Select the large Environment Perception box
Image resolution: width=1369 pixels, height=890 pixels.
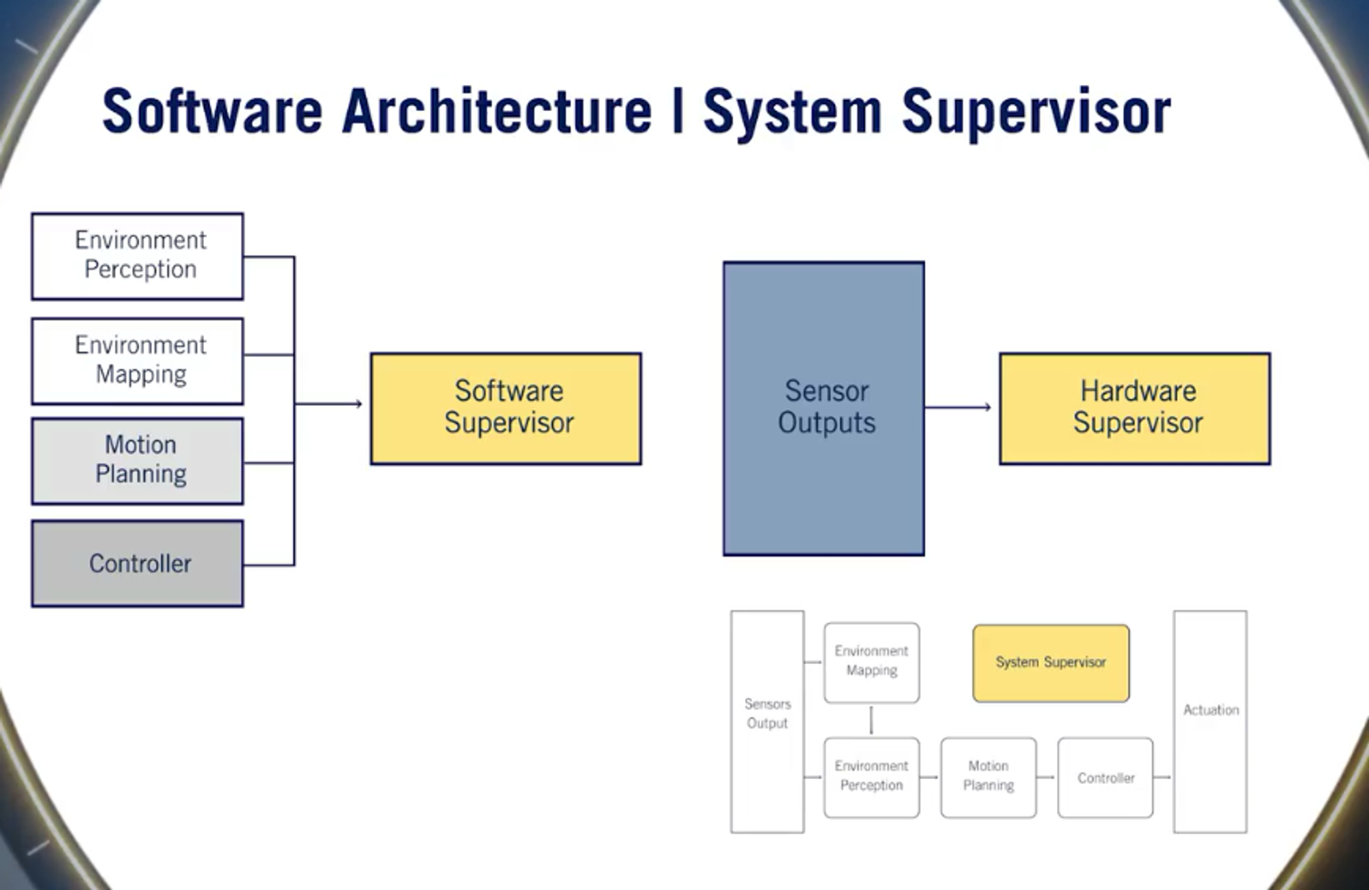[138, 256]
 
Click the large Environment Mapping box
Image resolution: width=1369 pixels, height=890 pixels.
[138, 361]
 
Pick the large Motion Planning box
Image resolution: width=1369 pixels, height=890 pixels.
[138, 461]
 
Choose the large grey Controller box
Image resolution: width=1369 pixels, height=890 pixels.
[138, 563]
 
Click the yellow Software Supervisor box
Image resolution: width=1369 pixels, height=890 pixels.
[506, 409]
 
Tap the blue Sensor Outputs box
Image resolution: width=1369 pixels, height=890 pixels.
[823, 408]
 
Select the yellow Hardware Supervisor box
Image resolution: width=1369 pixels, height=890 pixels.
[1134, 409]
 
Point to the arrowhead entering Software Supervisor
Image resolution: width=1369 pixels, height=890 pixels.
[357, 404]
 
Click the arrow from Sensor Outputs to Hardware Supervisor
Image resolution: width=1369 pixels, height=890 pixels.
[958, 407]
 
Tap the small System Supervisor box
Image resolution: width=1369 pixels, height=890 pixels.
[1051, 663]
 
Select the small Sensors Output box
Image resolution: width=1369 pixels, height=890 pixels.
[767, 721]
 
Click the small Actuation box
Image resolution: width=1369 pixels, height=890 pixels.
[1210, 721]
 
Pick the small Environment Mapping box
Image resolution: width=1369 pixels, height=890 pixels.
[871, 662]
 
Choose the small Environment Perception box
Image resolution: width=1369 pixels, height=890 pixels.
[871, 777]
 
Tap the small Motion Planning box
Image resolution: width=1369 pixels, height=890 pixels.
[988, 777]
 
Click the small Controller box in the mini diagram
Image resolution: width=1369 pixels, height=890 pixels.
[1105, 777]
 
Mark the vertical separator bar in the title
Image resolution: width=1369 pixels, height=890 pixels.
[678, 111]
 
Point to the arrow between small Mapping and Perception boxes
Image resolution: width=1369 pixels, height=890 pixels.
[871, 720]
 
